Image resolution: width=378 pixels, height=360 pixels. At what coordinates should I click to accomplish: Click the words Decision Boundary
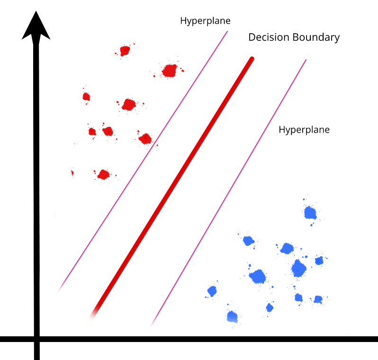(294, 37)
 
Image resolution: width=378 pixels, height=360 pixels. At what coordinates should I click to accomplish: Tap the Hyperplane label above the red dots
(205, 21)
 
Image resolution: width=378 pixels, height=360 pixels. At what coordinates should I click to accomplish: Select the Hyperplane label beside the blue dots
(304, 129)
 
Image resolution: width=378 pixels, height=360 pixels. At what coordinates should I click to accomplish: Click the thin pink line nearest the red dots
(142, 161)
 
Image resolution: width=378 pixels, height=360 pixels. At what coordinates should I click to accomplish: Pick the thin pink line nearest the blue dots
(227, 194)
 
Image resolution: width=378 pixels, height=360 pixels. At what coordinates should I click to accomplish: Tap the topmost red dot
(125, 50)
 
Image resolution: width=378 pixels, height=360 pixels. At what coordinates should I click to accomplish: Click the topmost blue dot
(310, 212)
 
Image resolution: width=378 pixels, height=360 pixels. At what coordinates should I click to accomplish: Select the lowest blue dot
(232, 316)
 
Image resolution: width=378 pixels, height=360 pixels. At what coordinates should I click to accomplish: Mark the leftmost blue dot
(212, 291)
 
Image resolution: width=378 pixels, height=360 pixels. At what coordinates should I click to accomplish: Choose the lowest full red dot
(103, 175)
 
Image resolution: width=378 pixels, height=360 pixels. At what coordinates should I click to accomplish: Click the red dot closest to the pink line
(145, 139)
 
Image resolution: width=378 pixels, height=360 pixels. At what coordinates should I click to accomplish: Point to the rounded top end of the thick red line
(252, 59)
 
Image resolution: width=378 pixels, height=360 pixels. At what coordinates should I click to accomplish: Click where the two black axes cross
(36, 339)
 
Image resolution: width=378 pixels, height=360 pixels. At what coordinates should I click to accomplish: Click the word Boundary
(316, 37)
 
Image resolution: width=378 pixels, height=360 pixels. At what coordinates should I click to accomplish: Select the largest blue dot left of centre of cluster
(258, 276)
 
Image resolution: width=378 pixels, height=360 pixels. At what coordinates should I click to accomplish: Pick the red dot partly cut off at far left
(72, 173)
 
